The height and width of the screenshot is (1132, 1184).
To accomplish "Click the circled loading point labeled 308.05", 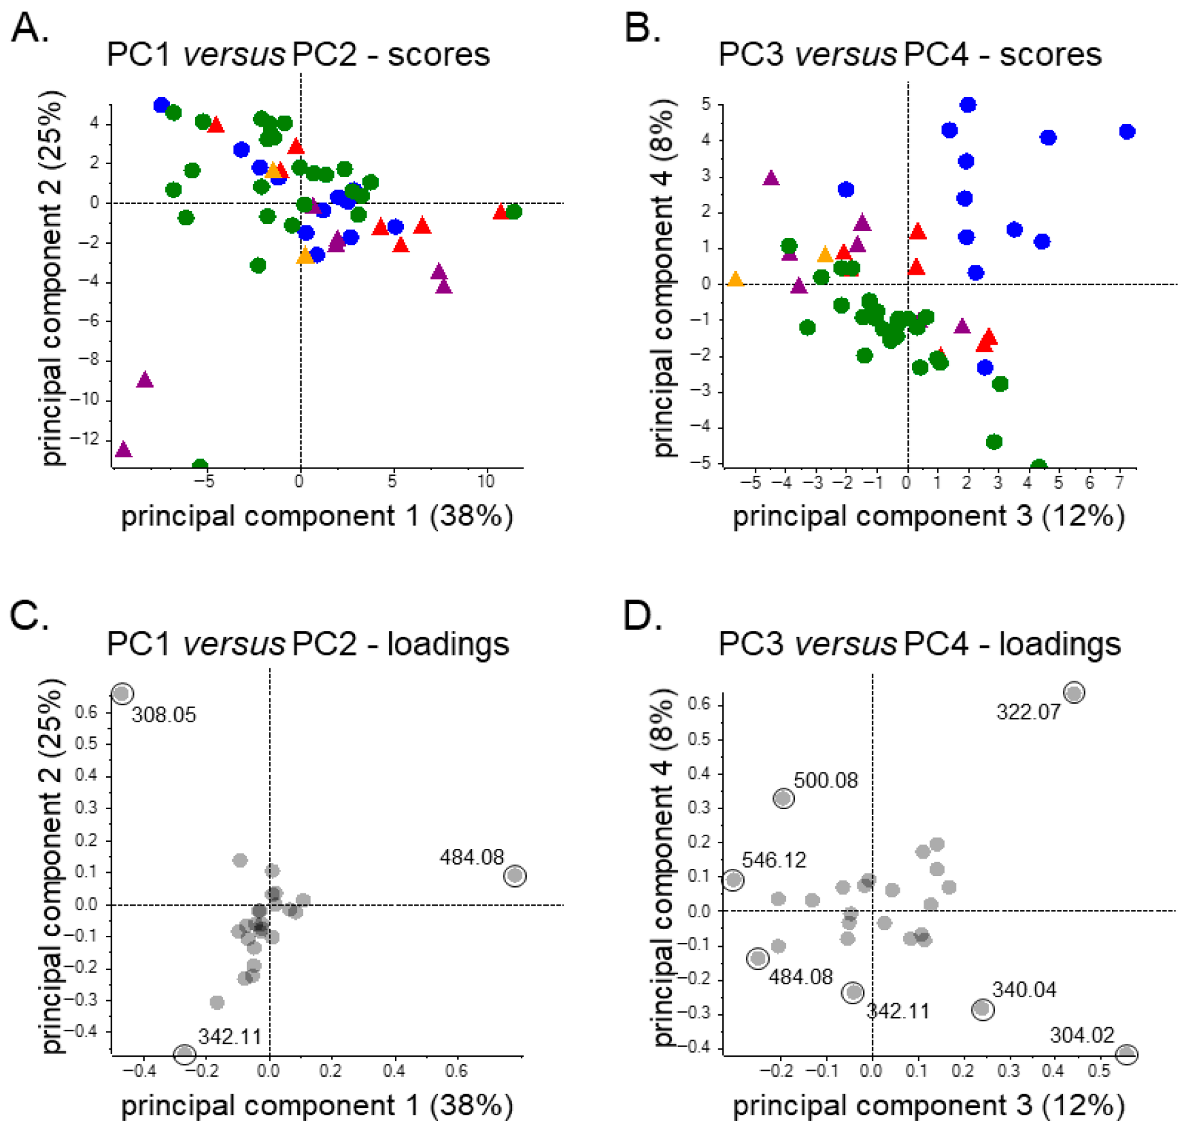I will tap(122, 693).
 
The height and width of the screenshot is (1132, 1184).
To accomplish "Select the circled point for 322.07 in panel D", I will tap(1074, 692).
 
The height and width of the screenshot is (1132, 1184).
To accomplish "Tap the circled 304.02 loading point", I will tap(1126, 1054).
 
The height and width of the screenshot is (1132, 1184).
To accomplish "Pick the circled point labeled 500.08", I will tap(783, 798).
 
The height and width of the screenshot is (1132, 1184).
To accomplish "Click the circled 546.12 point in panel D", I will tap(733, 879).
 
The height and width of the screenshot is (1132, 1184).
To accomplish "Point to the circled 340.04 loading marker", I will tap(982, 1009).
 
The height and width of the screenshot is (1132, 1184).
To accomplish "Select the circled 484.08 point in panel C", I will tap(515, 875).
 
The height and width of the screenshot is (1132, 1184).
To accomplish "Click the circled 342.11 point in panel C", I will tap(185, 1054).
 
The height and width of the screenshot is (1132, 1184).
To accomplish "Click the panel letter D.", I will tap(642, 616).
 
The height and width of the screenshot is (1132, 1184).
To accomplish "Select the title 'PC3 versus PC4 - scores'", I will tap(909, 55).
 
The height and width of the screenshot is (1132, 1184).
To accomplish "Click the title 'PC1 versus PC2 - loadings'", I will tap(307, 644).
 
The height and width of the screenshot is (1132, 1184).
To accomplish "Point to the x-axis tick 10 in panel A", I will tap(486, 481).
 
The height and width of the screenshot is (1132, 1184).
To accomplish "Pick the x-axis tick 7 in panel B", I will tap(1119, 482).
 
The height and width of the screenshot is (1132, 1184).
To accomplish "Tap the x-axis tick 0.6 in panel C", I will tap(456, 1071).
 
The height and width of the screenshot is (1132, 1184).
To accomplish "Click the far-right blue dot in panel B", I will tap(1127, 132).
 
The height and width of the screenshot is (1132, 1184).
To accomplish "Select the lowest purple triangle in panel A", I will tap(123, 449).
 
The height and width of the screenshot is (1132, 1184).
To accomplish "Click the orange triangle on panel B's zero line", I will tap(735, 279).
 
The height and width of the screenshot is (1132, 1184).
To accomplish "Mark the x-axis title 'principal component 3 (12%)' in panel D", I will tap(929, 1106).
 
